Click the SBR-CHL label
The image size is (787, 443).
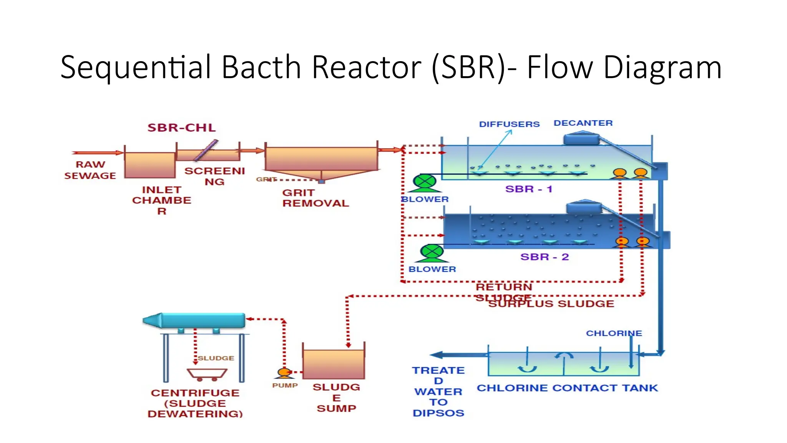point(181,128)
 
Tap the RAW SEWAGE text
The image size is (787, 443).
point(90,170)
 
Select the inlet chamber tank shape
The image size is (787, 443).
point(150,165)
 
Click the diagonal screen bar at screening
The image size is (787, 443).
point(206,150)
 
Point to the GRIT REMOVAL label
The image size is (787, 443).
point(315,198)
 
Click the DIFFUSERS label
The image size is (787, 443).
point(509,124)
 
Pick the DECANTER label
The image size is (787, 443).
point(583,123)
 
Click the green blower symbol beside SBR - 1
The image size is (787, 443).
point(425,182)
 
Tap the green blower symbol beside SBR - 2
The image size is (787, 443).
point(432,252)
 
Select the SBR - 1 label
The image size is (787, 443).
point(528,189)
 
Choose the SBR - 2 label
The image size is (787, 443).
point(544,257)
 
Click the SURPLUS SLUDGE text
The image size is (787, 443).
point(551,304)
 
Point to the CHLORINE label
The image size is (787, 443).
point(614,333)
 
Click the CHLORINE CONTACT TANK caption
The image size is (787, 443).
point(567,388)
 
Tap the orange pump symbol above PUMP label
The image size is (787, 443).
point(284,372)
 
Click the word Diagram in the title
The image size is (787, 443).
point(662,68)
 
